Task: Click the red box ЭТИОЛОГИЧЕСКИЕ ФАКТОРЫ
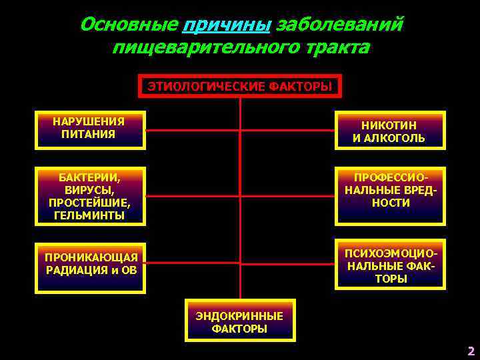[x=239, y=86]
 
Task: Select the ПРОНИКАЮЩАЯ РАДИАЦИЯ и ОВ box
[x=91, y=265]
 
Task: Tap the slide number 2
[x=471, y=351]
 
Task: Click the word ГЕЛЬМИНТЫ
[x=89, y=215]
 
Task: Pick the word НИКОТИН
[x=389, y=125]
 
